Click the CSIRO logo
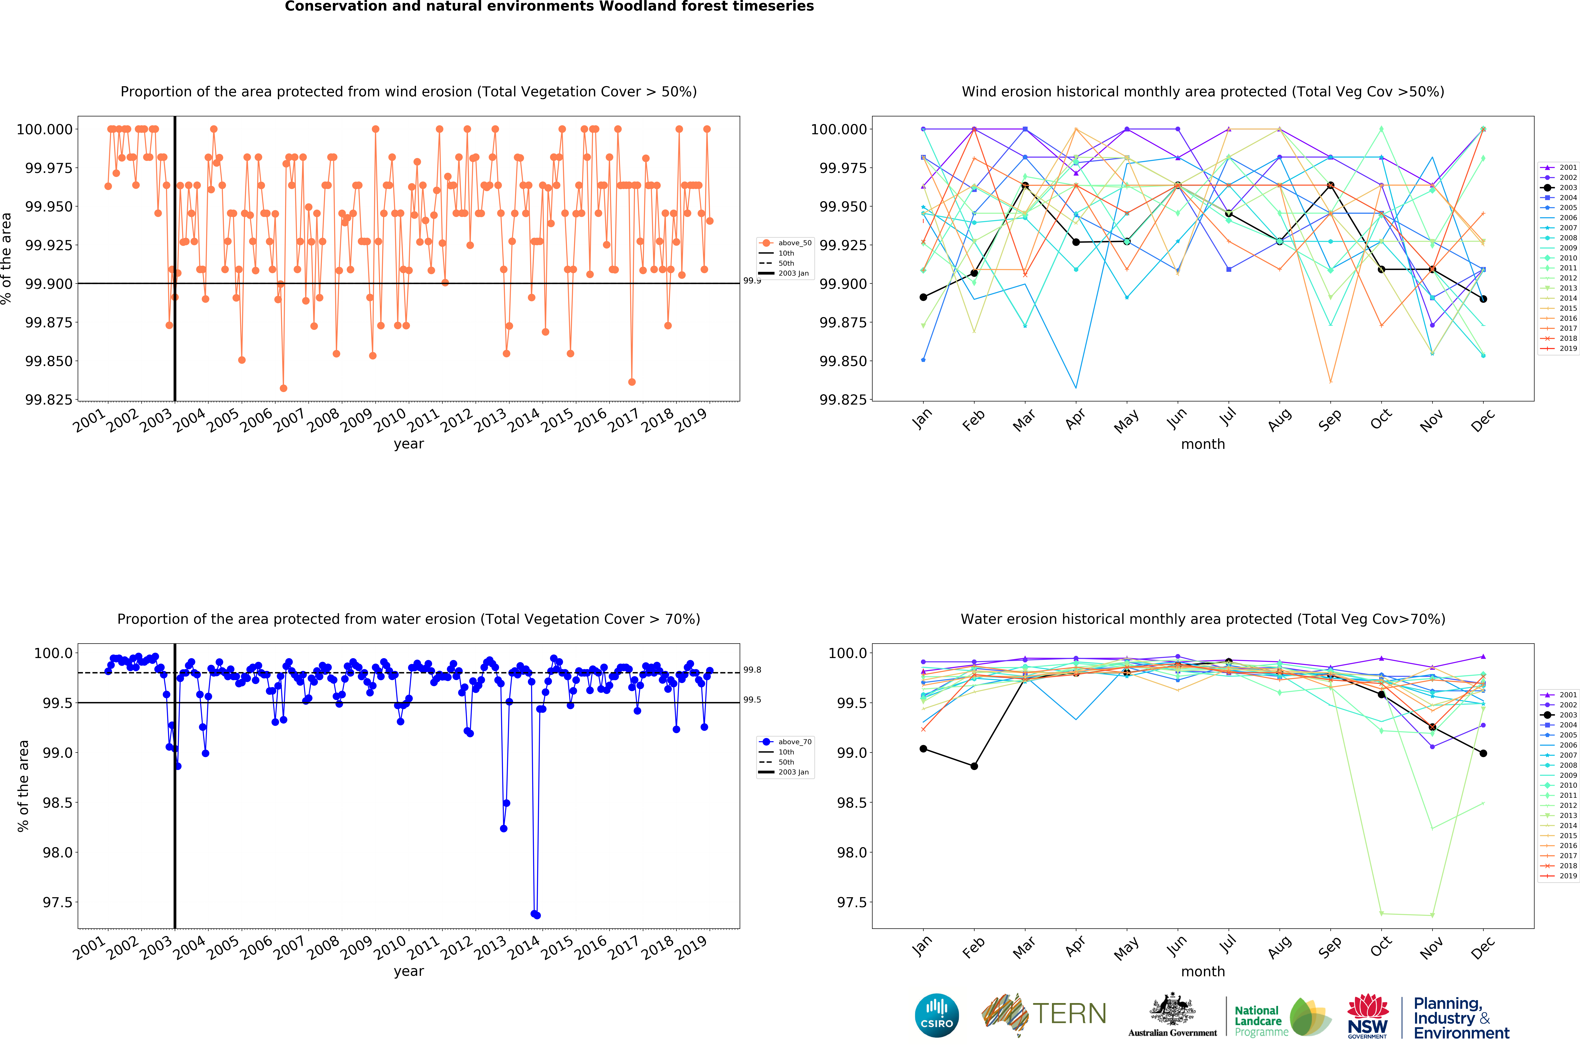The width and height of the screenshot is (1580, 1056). click(x=936, y=1015)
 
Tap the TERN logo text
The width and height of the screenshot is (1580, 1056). click(x=1069, y=1014)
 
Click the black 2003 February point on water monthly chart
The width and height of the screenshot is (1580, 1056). click(x=974, y=766)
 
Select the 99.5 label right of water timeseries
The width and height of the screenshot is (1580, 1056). click(x=752, y=700)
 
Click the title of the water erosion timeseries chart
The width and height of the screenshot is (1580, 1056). click(x=409, y=619)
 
